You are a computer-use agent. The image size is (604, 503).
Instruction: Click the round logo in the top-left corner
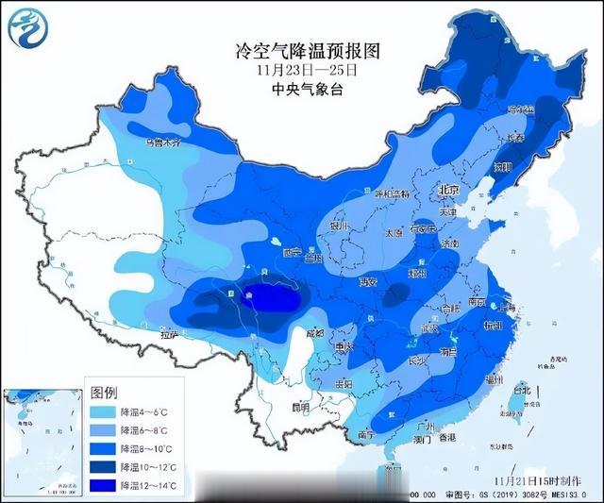pyautogui.click(x=29, y=28)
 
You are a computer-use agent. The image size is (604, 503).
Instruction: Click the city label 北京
pyautogui.click(x=449, y=191)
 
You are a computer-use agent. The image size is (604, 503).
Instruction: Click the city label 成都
pyautogui.click(x=314, y=332)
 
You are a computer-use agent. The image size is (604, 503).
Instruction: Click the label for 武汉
pyautogui.click(x=429, y=327)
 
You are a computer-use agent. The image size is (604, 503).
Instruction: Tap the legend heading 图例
pyautogui.click(x=105, y=393)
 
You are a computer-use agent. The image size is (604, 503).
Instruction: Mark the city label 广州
pyautogui.click(x=424, y=425)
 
